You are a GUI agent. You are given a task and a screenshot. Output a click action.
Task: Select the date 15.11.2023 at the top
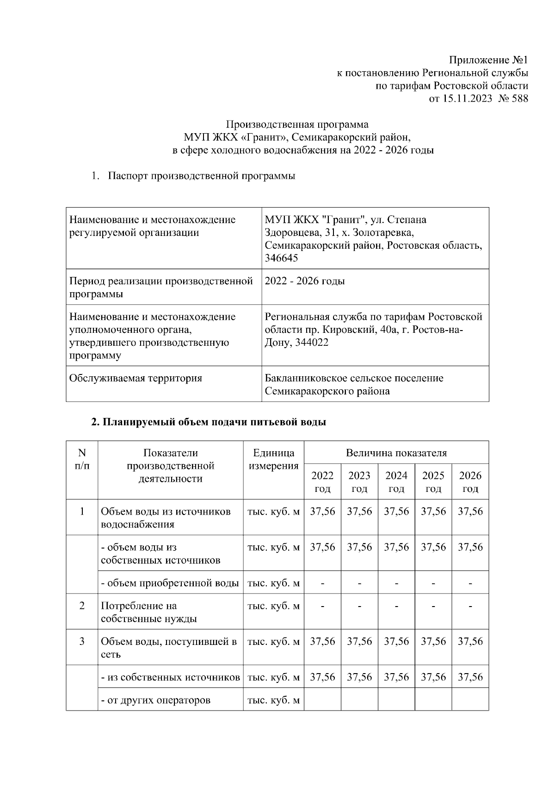pos(468,98)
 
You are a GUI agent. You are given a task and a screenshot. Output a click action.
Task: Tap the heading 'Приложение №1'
pos(488,60)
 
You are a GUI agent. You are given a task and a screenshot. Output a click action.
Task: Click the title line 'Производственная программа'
pos(297,124)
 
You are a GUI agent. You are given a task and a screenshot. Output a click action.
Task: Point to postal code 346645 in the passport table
pos(281,258)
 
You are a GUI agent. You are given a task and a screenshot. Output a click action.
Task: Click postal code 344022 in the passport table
pos(311,343)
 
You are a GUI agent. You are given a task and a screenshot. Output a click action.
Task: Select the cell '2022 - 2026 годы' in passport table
pos(305,281)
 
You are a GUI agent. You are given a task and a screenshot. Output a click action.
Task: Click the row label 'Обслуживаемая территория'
pos(136,378)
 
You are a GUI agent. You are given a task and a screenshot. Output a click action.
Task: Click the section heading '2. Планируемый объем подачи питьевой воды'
pos(209,422)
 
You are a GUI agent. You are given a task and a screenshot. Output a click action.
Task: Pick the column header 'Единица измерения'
pos(273,459)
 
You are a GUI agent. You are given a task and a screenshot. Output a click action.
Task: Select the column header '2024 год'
pos(396,482)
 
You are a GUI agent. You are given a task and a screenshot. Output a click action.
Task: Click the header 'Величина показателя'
pos(396,453)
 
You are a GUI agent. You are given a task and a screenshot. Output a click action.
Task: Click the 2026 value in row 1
pos(470,511)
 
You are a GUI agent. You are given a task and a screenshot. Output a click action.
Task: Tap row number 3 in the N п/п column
pos(82,641)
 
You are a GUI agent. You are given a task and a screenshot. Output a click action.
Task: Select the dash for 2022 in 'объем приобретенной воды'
pos(322,583)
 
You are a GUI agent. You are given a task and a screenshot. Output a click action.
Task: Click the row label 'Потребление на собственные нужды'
pos(149,612)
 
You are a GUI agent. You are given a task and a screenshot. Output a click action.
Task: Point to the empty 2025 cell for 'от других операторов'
pos(433,699)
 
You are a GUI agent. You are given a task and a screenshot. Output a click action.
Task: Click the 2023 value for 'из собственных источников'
pos(359,677)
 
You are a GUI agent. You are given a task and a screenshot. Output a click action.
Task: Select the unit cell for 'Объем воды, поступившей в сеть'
pos(273,642)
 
